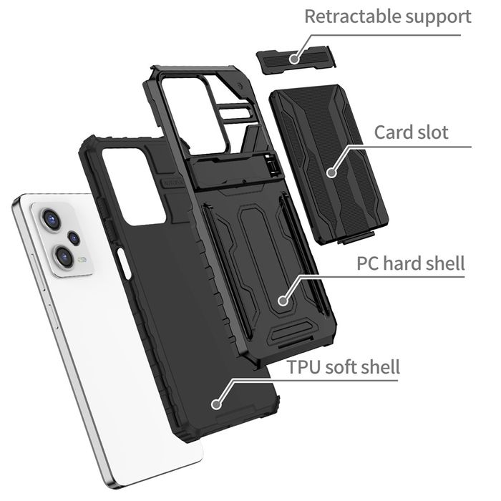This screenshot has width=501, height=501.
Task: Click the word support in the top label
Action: (434, 17)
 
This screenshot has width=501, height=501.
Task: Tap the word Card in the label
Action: (394, 132)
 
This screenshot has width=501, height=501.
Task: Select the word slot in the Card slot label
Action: (434, 132)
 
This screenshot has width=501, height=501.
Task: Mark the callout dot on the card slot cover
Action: (331, 172)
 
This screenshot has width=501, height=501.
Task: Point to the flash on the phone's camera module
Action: (84, 260)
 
